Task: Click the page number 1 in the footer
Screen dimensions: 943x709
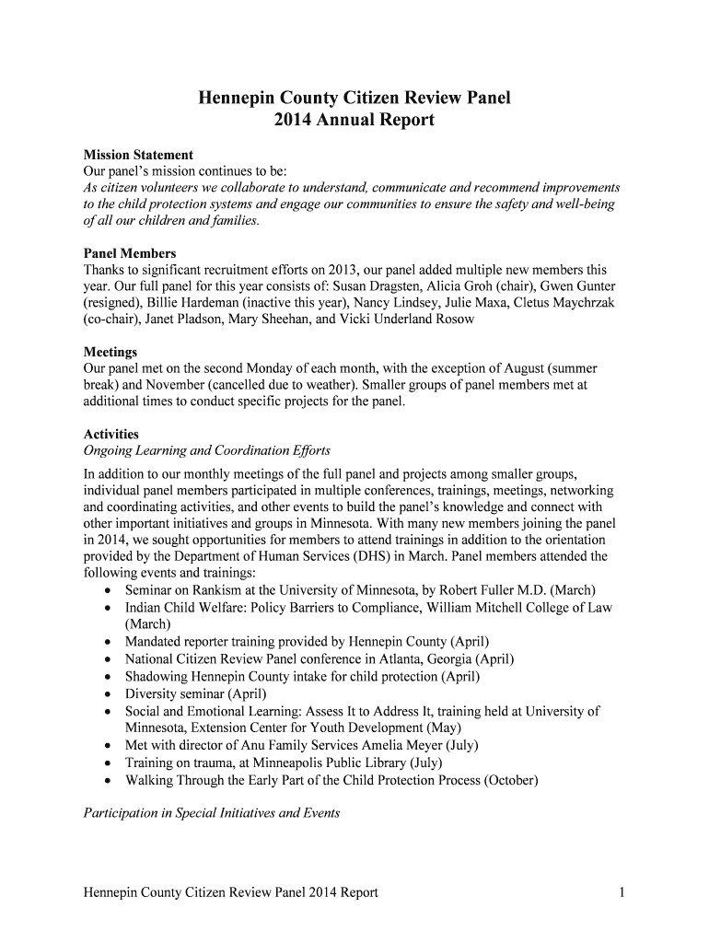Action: point(623,892)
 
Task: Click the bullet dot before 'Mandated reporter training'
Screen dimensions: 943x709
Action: point(110,641)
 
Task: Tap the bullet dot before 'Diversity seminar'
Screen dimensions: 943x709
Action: point(110,694)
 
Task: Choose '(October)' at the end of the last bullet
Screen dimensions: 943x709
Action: point(505,780)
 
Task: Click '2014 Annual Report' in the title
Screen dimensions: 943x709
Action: point(354,121)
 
